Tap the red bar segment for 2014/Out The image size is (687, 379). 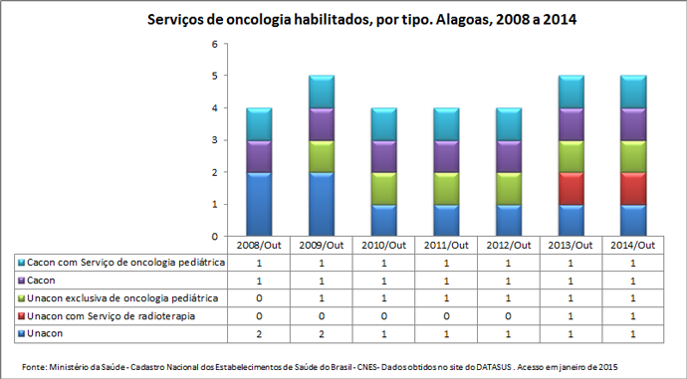[632, 188]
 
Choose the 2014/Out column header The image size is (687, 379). [632, 246]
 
